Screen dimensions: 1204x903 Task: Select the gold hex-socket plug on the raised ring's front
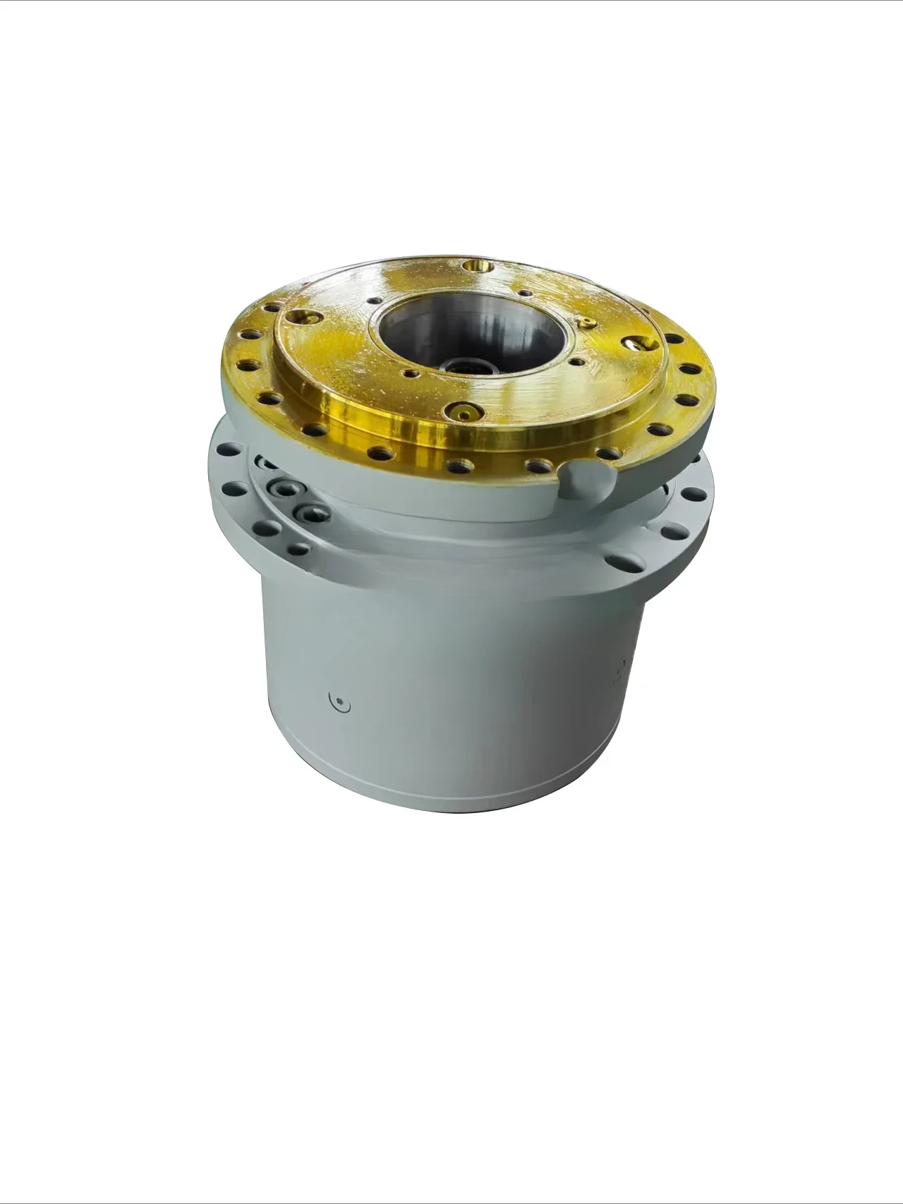tap(464, 413)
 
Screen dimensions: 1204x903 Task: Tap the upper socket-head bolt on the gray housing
tap(286, 489)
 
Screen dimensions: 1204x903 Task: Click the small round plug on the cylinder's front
tap(341, 702)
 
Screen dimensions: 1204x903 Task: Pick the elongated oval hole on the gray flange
tap(625, 562)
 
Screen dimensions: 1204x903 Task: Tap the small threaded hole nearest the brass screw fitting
tap(577, 361)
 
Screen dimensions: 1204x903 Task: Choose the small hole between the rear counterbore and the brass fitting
tap(524, 293)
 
